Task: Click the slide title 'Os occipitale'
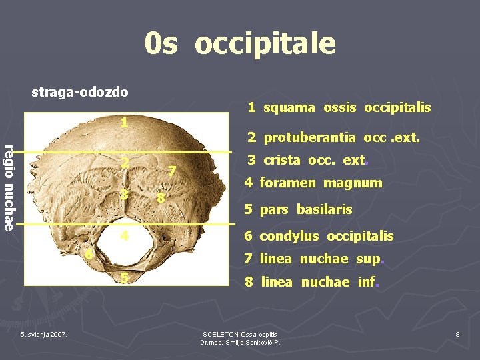240,43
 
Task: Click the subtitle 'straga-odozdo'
80,91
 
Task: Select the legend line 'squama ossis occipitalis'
339,107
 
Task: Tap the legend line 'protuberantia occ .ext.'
333,138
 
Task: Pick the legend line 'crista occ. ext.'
308,161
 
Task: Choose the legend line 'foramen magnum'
313,183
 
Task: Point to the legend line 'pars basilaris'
298,209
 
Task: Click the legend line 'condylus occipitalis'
319,236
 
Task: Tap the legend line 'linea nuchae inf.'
312,281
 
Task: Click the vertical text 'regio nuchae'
9,187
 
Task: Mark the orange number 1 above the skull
124,123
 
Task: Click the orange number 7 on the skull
172,172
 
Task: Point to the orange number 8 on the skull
160,199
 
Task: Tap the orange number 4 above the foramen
124,236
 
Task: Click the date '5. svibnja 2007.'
43,333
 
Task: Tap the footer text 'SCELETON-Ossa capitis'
240,333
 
